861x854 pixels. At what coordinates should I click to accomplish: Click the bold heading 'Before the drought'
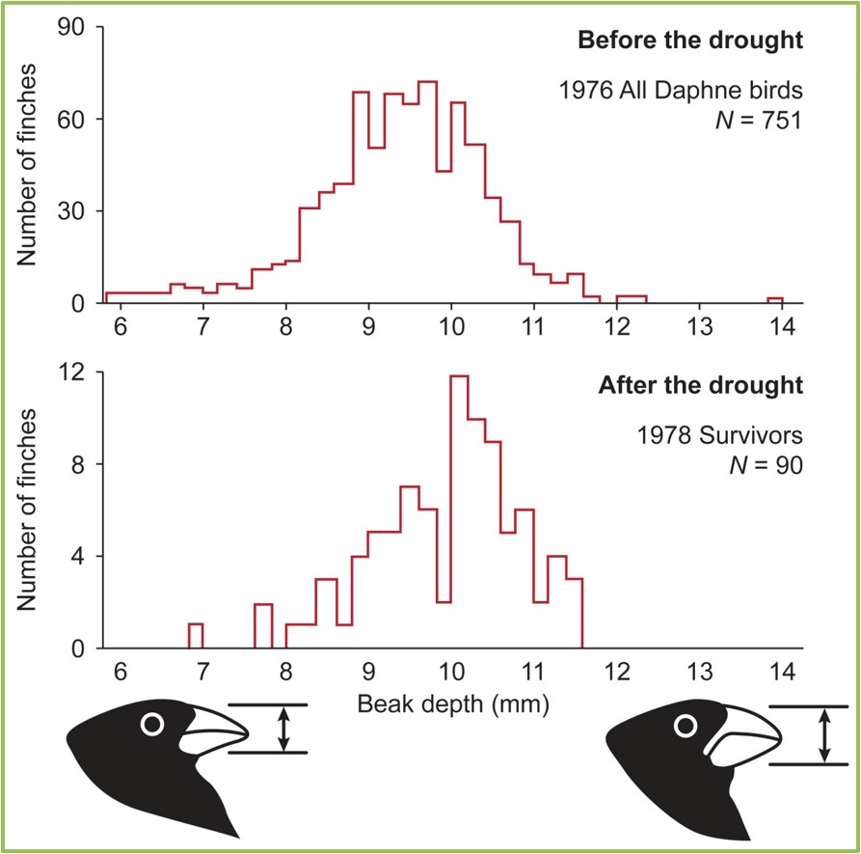point(689,41)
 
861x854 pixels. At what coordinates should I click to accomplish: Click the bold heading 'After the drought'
point(700,386)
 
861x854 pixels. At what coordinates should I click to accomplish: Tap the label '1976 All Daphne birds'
point(680,92)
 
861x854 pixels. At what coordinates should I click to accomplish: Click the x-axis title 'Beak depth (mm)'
point(452,704)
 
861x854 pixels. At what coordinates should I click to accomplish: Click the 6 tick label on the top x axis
point(121,326)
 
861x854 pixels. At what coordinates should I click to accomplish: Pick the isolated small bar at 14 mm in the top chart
point(775,300)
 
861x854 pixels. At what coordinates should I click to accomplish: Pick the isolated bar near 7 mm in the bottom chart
point(195,636)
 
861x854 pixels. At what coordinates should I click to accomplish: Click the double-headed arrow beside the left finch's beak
point(283,729)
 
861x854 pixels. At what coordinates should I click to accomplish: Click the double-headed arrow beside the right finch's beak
point(822,735)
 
